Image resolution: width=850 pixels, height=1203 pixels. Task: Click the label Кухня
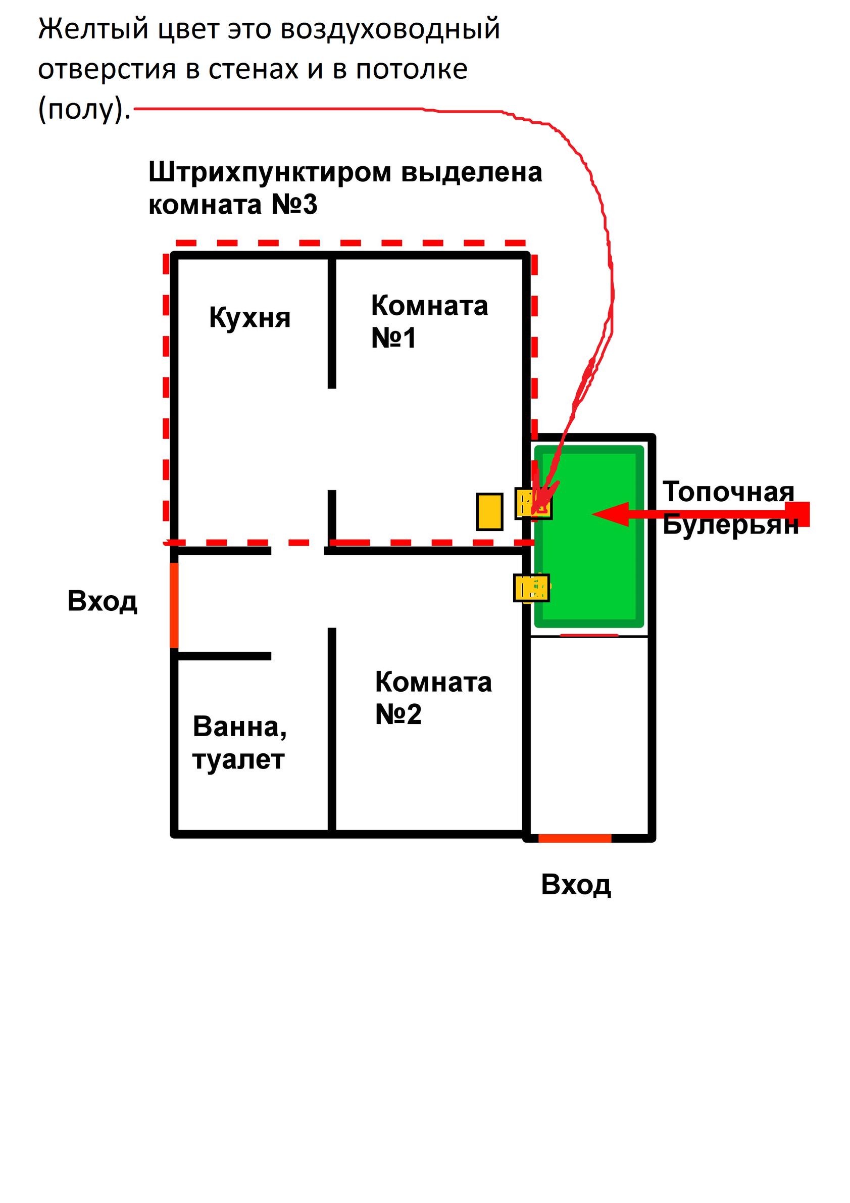(x=250, y=317)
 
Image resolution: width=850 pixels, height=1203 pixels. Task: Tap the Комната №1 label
(x=429, y=321)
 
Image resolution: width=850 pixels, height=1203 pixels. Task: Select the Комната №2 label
(x=433, y=697)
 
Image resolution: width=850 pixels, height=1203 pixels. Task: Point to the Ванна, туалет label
(x=240, y=742)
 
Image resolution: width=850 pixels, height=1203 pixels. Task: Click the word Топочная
(x=728, y=492)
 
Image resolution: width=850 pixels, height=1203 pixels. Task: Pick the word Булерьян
(x=731, y=524)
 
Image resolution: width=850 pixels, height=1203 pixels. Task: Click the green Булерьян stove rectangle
(x=589, y=536)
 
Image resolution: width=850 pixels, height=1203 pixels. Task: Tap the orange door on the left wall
(x=174, y=605)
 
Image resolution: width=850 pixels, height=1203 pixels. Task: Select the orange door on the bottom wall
(x=575, y=838)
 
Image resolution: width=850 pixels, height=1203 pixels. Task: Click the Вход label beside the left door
(x=102, y=601)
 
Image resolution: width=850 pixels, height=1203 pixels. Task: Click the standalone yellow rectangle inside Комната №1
(x=490, y=511)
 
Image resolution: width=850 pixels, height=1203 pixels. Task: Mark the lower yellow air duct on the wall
(x=532, y=588)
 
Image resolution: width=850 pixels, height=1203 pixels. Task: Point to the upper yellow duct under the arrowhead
(x=534, y=503)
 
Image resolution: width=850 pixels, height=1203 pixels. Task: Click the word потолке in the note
(x=412, y=70)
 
